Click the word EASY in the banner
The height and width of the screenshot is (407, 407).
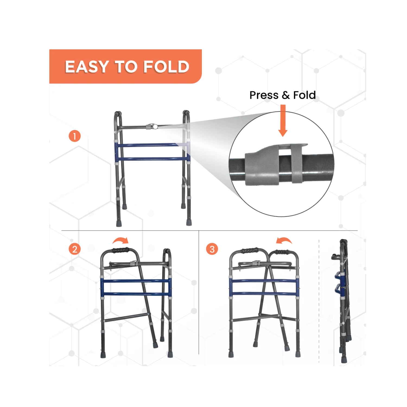pyautogui.click(x=87, y=67)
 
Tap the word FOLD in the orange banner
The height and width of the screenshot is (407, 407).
pyautogui.click(x=166, y=67)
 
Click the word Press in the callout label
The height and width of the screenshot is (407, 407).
pyautogui.click(x=264, y=95)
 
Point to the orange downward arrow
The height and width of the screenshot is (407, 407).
pyautogui.click(x=283, y=121)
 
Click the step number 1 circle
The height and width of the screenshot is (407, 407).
pyautogui.click(x=75, y=136)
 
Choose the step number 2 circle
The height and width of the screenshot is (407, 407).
pyautogui.click(x=75, y=249)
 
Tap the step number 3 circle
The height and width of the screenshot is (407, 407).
pyautogui.click(x=212, y=249)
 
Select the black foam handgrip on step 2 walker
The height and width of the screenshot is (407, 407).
pyautogui.click(x=121, y=250)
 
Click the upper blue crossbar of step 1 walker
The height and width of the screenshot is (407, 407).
pyautogui.click(x=152, y=145)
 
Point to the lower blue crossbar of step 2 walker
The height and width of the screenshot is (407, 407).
pyautogui.click(x=136, y=294)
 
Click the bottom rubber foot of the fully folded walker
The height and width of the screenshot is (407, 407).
pyautogui.click(x=344, y=360)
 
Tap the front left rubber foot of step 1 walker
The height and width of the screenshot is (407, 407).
pyautogui.click(x=119, y=224)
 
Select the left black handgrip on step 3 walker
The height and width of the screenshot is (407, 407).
pyautogui.click(x=250, y=250)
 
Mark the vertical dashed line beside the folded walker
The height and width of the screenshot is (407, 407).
pyautogui.click(x=319, y=301)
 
